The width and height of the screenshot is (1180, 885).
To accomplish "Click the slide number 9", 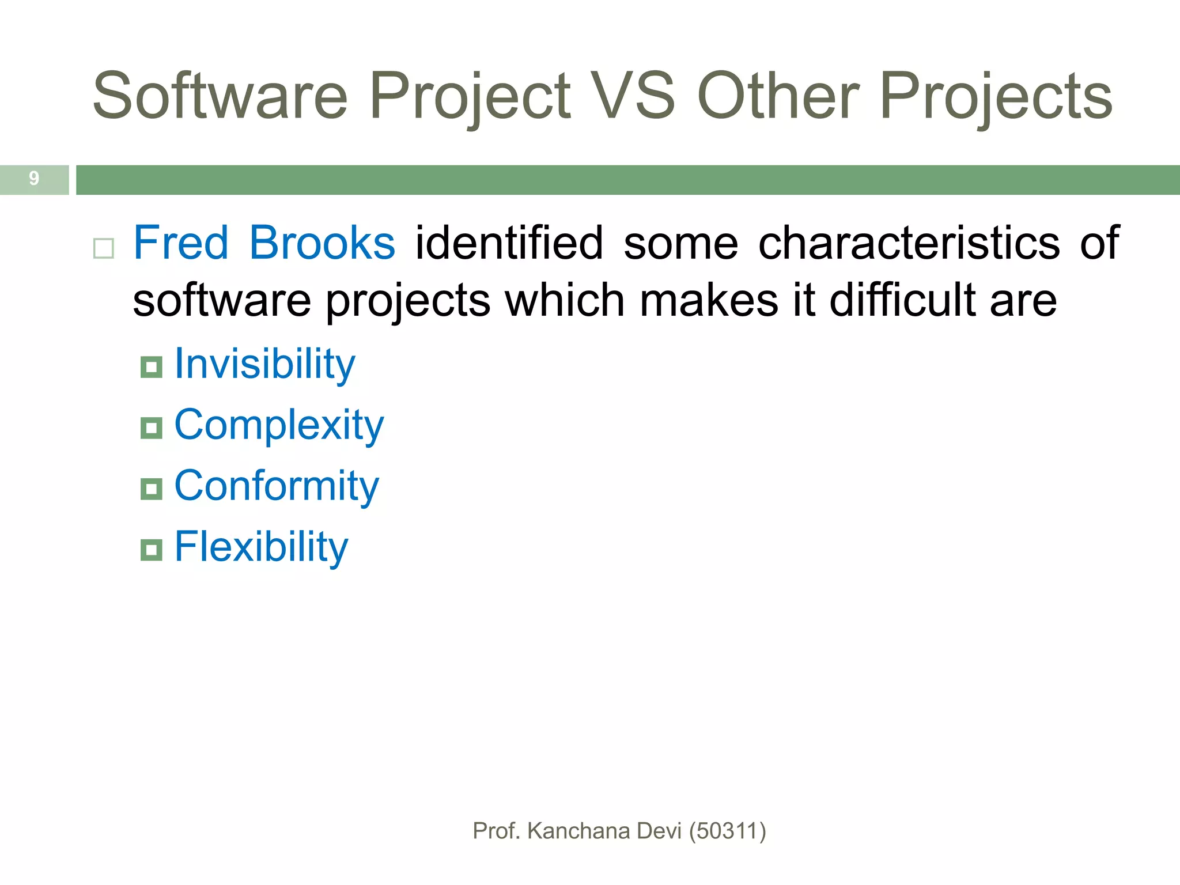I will coord(34,179).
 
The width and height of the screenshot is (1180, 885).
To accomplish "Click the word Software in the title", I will coord(220,96).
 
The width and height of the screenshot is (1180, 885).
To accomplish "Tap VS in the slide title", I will coord(634,96).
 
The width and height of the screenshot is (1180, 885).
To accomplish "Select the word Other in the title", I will coord(778,96).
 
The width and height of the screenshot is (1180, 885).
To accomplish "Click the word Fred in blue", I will coord(181,243).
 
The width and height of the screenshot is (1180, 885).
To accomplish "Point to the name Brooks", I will coord(322,243).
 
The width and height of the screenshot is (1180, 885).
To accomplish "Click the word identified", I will coord(509,243).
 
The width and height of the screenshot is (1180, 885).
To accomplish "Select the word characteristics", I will coord(909,243).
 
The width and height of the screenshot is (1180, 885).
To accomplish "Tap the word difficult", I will coord(903,300).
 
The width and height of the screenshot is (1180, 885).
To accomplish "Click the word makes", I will coord(709,300).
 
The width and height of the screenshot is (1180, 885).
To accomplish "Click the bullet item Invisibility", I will coord(264,365).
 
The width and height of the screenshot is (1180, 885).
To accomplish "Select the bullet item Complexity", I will coord(279,426).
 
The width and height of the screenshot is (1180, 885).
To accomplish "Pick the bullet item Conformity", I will coord(277,487).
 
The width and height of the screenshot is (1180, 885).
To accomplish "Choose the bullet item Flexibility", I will coord(261,547).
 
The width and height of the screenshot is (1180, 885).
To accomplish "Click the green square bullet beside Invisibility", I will coord(152,367).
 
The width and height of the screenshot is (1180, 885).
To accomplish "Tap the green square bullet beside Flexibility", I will coord(152,550).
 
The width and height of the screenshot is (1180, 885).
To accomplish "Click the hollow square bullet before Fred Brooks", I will coord(104,249).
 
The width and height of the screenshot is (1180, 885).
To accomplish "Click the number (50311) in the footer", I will coord(727,831).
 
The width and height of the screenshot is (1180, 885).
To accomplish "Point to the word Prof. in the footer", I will coord(496,831).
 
